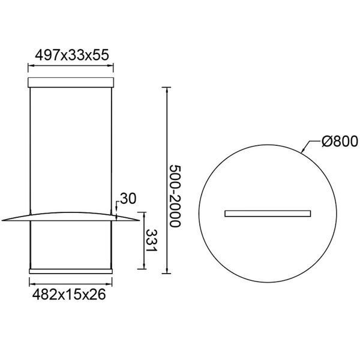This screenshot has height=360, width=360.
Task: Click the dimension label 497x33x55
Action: [x=72, y=55]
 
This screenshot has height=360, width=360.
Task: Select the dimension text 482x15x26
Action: [x=69, y=295]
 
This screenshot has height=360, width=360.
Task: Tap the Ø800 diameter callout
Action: [x=340, y=141]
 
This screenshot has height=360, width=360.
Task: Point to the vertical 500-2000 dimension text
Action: [x=175, y=196]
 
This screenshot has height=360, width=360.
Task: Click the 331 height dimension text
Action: [x=152, y=240]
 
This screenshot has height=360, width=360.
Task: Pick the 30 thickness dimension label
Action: [x=128, y=199]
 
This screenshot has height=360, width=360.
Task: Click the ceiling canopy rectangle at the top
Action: [x=71, y=82]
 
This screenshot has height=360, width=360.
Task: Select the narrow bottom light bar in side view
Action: [x=71, y=271]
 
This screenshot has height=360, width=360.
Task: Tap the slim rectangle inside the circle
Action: [x=268, y=214]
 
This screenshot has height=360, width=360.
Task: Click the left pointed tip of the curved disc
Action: [x=2, y=220]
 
